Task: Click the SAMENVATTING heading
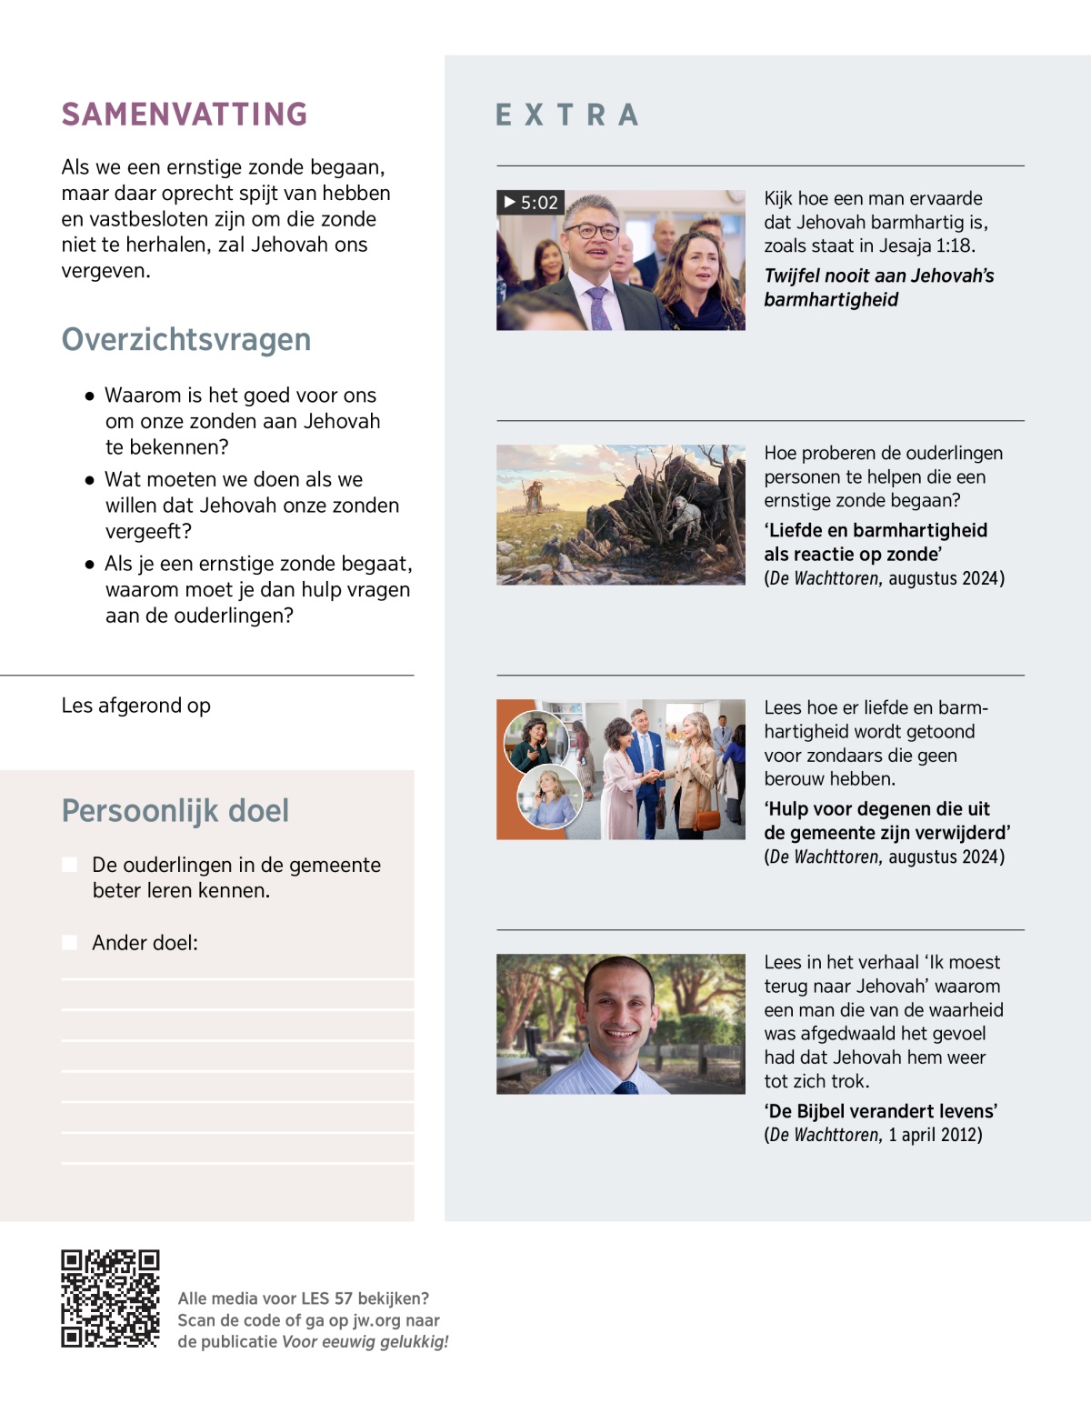(185, 115)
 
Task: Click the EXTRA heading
(567, 115)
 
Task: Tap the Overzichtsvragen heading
(186, 339)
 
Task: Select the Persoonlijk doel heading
(175, 810)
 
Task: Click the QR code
(110, 1298)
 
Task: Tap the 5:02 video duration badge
(531, 202)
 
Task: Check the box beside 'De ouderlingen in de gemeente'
(69, 865)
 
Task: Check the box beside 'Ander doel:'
(69, 943)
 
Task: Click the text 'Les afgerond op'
(136, 706)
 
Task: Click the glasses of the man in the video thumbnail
(592, 231)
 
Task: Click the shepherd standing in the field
(533, 495)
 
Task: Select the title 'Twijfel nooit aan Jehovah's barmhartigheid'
(878, 287)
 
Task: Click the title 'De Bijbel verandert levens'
(880, 1111)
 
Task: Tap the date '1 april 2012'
(935, 1135)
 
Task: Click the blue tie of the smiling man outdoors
(626, 1087)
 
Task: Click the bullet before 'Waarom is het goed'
(89, 396)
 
